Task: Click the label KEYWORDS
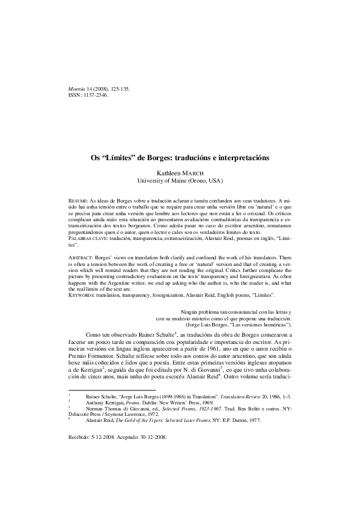pyautogui.click(x=83, y=294)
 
